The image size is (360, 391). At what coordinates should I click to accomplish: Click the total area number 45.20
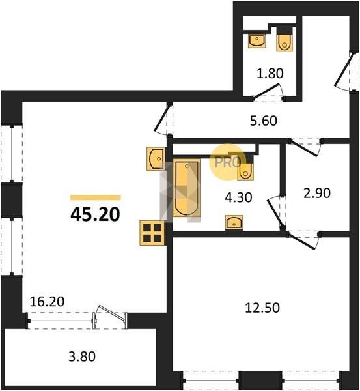[95, 214]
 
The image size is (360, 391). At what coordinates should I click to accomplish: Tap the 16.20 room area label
[47, 302]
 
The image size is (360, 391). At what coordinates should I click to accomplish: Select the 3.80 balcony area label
[82, 356]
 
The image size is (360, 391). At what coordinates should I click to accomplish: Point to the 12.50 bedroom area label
[262, 308]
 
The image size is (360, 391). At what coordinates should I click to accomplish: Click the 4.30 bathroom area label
[238, 197]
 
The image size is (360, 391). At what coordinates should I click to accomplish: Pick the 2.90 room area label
[317, 194]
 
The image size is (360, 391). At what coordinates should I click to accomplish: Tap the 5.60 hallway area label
[264, 121]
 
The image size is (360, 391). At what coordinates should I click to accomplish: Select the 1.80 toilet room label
[270, 74]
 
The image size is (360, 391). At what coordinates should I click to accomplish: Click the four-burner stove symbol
[152, 233]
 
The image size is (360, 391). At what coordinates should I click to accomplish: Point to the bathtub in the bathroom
[187, 188]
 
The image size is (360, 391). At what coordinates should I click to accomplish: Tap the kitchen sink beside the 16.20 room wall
[156, 158]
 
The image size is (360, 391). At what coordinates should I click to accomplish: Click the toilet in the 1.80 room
[284, 42]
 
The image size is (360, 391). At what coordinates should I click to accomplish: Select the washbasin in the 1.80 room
[257, 41]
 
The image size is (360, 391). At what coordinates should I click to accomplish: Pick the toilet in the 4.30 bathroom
[245, 171]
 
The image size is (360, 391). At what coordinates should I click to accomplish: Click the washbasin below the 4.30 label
[234, 222]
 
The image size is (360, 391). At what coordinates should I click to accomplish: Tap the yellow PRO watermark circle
[227, 162]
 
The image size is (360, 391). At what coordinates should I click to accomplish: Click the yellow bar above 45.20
[96, 197]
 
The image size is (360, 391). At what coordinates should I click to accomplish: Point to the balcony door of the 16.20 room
[110, 317]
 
